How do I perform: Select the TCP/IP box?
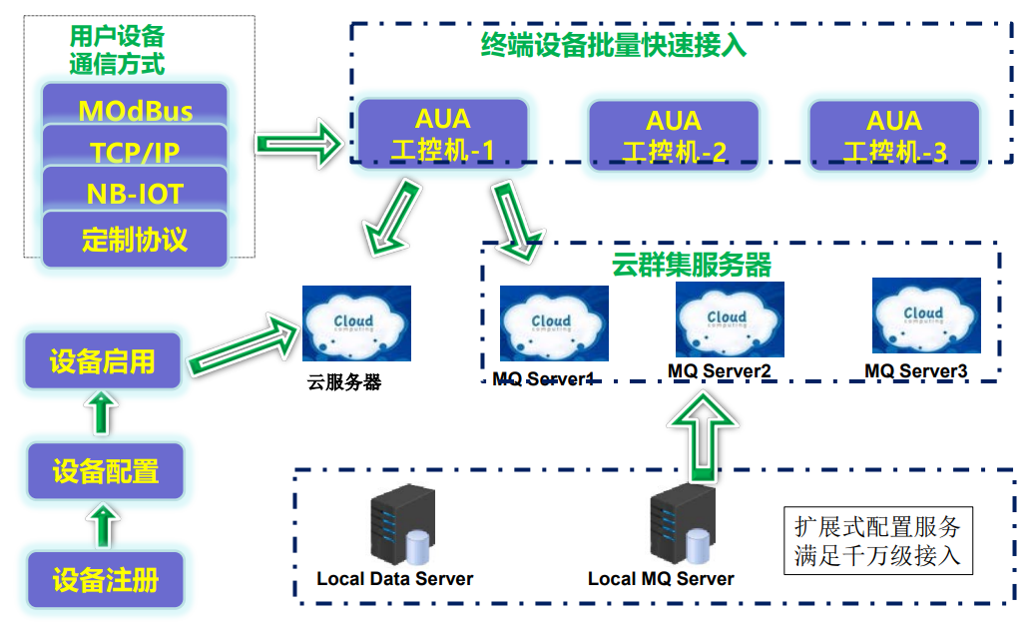(135, 151)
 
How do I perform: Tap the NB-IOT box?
(135, 193)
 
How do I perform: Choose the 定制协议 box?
(135, 240)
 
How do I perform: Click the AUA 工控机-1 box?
(443, 134)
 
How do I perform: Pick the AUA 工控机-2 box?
(674, 135)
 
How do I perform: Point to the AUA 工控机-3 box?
(894, 135)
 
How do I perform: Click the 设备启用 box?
(103, 360)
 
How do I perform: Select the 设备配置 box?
(105, 470)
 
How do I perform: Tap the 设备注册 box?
(105, 579)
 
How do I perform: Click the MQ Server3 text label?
(916, 371)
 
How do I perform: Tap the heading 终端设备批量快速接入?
(613, 45)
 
